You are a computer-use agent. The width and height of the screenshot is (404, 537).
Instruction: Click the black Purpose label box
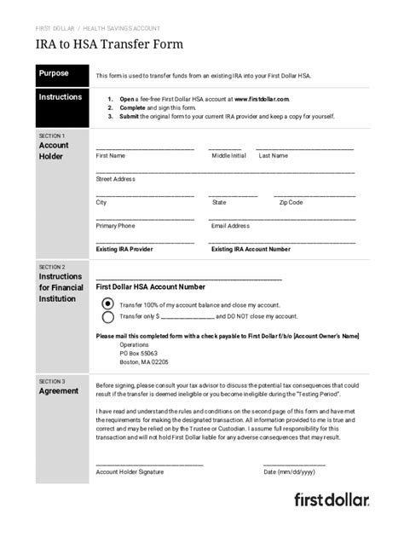(61, 74)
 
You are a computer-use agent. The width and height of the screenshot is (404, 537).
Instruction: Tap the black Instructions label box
(61, 97)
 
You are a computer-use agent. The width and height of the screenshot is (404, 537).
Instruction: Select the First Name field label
(111, 156)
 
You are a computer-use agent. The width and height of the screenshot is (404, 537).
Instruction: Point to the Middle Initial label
(228, 156)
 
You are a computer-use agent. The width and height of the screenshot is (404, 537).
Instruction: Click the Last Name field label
(274, 156)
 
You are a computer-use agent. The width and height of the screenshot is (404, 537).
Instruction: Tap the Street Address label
(116, 179)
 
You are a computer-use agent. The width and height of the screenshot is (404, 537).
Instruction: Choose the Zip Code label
(291, 203)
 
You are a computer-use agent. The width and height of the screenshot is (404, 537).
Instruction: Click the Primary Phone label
(115, 226)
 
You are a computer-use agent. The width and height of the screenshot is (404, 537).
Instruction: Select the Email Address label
(230, 226)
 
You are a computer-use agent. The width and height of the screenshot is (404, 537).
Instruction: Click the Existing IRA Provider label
(124, 250)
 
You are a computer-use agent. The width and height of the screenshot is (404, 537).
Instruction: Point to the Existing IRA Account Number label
(251, 250)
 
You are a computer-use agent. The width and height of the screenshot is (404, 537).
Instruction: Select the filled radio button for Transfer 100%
(107, 303)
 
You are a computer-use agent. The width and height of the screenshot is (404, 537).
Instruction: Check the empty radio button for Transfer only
(107, 317)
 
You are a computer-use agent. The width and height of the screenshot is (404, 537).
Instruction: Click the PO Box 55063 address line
(139, 353)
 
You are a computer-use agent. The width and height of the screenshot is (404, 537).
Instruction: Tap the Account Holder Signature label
(130, 471)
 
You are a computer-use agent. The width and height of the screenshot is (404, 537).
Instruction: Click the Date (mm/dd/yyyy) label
(289, 471)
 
